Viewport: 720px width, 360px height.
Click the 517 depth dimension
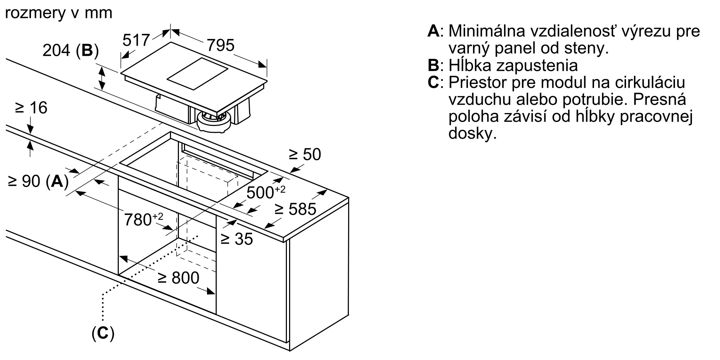tap(136, 40)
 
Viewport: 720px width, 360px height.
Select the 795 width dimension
tap(220, 45)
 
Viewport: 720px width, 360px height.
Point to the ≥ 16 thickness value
tap(31, 108)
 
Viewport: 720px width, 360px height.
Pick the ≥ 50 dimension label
tap(305, 154)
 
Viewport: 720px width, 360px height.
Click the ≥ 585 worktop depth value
tap(295, 209)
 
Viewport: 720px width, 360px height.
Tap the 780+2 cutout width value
tap(143, 219)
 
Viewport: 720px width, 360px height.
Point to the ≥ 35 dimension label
tap(237, 239)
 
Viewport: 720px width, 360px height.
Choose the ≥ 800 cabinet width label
tap(179, 278)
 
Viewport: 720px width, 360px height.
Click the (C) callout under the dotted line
tap(103, 334)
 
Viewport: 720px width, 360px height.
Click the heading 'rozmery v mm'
tap(59, 13)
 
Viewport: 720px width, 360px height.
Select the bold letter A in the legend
tap(433, 31)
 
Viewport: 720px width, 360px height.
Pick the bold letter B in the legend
tap(433, 66)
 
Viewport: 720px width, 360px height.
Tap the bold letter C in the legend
tap(433, 82)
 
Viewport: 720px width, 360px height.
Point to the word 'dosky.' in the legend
tap(472, 134)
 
